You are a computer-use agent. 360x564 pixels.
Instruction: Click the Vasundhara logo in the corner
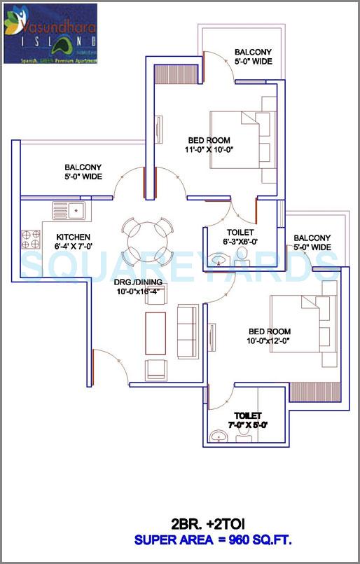coord(50,33)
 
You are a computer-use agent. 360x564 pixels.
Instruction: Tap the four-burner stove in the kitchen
coord(32,239)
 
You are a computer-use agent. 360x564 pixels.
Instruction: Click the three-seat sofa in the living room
coord(187,329)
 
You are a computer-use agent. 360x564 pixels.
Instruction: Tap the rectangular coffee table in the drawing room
coord(155,333)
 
